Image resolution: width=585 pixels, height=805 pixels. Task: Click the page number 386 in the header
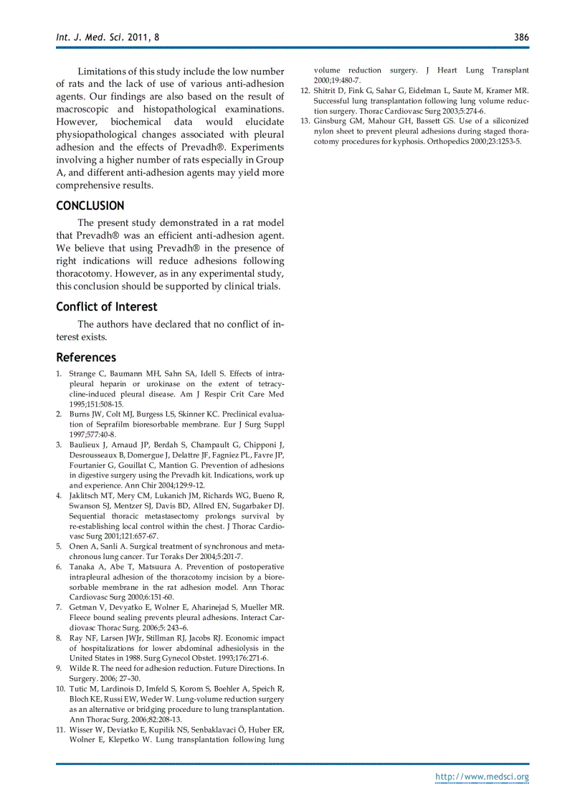pos(521,37)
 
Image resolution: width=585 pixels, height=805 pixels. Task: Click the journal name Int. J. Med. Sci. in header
pos(87,37)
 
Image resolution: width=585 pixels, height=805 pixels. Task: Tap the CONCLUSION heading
pos(90,206)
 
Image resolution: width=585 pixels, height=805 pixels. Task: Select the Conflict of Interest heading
pos(107,307)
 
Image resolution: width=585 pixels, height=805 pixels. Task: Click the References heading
pos(86,357)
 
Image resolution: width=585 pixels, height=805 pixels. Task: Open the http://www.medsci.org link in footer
pos(482,777)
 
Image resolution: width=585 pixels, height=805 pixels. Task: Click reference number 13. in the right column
pos(305,121)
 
